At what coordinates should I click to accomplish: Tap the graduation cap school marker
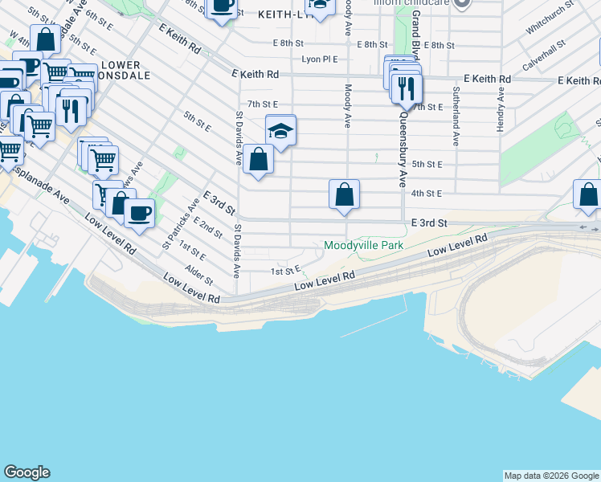tap(280, 130)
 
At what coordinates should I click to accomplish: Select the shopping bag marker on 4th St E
tap(344, 194)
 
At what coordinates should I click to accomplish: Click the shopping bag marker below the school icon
tap(258, 160)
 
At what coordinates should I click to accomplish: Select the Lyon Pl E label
tap(320, 59)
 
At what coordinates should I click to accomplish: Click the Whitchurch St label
tap(550, 16)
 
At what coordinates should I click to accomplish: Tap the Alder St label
tap(198, 276)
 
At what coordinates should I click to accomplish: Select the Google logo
tap(27, 472)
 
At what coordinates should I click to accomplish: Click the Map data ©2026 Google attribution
tap(551, 476)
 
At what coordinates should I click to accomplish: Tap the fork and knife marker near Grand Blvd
tap(407, 88)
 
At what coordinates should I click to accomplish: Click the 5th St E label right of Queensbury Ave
tap(427, 164)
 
